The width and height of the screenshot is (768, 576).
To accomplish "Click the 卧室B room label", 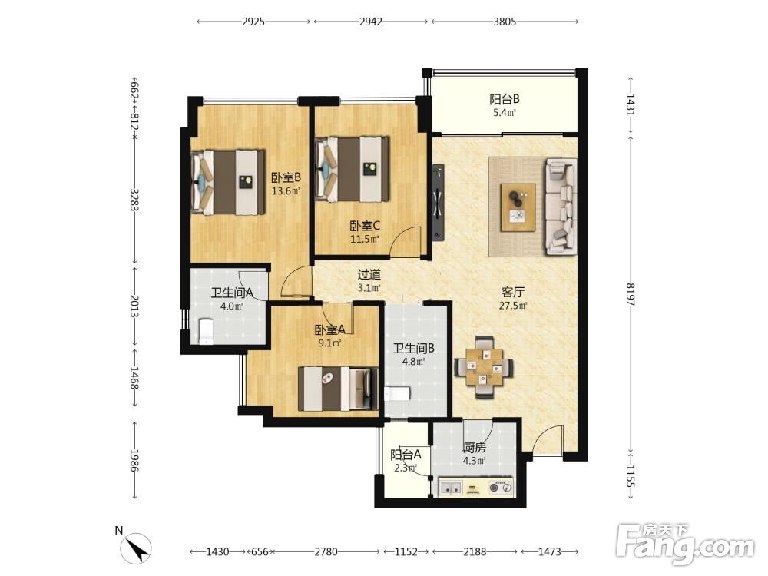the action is pos(286,177).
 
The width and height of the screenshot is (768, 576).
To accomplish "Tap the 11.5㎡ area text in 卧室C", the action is pos(364,240).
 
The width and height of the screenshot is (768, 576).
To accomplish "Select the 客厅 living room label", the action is pos(513,293).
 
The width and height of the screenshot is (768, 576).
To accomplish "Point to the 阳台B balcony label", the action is pos(505,99).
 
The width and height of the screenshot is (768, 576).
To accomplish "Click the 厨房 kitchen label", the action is pos(474,448).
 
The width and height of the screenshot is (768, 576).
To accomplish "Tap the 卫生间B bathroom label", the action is pos(414,349).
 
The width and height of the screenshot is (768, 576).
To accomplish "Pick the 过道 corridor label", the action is pos(369,275).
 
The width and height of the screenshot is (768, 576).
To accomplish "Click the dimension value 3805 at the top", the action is pos(505,22).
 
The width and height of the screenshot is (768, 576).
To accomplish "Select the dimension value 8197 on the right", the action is pos(631,294).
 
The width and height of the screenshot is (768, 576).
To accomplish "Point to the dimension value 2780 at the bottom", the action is pos(326,552).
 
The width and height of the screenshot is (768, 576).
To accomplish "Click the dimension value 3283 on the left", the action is pos(134,200).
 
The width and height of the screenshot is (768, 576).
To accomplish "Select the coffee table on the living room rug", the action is pos(518,207).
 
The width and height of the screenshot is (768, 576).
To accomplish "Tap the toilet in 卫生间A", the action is pos(206,331).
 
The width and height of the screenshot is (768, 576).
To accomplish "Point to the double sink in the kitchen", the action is pos(451,488).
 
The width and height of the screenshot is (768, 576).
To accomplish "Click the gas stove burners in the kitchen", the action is pos(501,488).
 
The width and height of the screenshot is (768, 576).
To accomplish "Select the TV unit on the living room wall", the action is pos(439,202).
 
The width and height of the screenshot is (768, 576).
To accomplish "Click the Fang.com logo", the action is pos(685,544).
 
